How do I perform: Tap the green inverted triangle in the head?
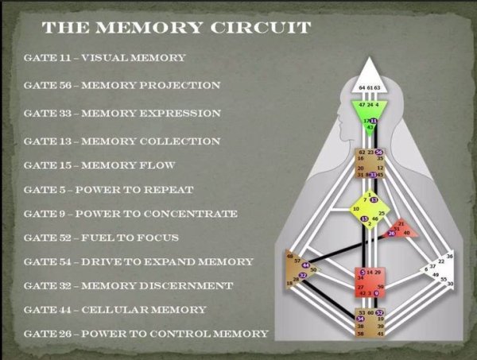[367, 112]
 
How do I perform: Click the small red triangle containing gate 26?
[401, 230]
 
